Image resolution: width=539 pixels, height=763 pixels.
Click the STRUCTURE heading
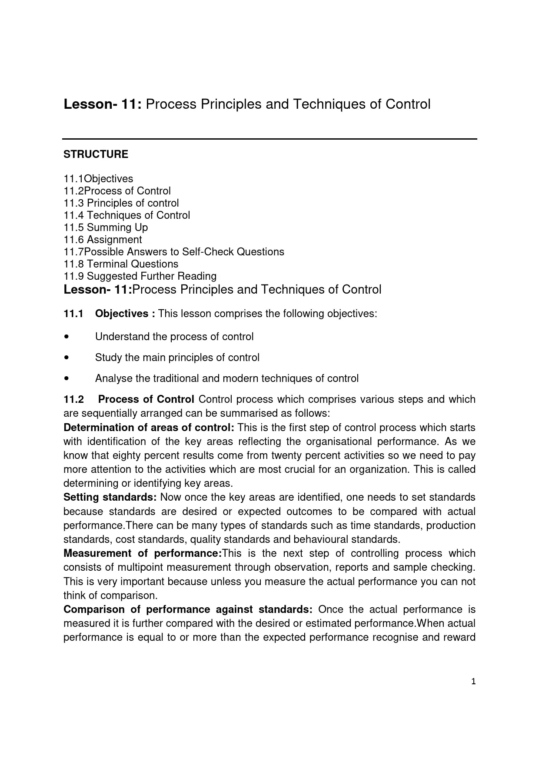pos(96,154)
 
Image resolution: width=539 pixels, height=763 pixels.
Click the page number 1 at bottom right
pos(473,682)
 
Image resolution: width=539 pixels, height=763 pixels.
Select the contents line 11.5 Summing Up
pos(106,228)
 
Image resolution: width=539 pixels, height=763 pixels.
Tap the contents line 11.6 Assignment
pos(103,240)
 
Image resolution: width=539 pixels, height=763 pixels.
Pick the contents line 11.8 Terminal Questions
pos(121,264)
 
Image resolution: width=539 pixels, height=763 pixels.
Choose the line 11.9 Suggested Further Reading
pos(140,276)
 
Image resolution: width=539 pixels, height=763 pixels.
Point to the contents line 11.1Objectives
pos(98,179)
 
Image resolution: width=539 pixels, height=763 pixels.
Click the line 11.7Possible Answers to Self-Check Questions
pos(174,252)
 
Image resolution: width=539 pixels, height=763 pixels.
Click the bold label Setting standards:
pos(110,497)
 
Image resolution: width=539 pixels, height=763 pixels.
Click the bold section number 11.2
pos(73,399)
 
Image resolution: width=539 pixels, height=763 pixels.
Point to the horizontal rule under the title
pos(269,139)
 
